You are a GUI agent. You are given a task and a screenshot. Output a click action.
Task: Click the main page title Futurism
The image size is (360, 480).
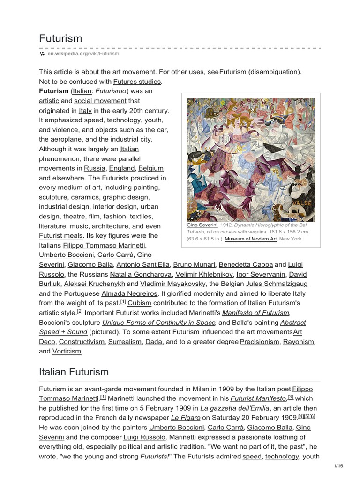point(60,38)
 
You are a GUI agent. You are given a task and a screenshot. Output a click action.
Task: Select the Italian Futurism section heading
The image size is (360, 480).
point(74,372)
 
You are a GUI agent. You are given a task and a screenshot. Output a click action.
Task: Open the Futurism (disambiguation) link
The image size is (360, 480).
point(260,72)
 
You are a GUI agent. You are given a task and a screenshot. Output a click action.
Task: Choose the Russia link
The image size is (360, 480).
point(95,168)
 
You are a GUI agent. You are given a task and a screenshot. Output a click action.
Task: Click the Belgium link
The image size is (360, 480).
point(151,168)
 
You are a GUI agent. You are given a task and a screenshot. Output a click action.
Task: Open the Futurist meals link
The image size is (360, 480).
point(61,235)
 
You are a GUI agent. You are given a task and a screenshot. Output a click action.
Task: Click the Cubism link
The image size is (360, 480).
point(139,303)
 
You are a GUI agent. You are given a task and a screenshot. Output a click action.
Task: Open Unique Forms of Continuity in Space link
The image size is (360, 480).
point(159,322)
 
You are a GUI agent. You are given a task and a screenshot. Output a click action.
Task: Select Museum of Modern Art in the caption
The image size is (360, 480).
point(251,239)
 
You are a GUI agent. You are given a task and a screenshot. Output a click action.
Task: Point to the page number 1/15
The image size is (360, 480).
point(338,465)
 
